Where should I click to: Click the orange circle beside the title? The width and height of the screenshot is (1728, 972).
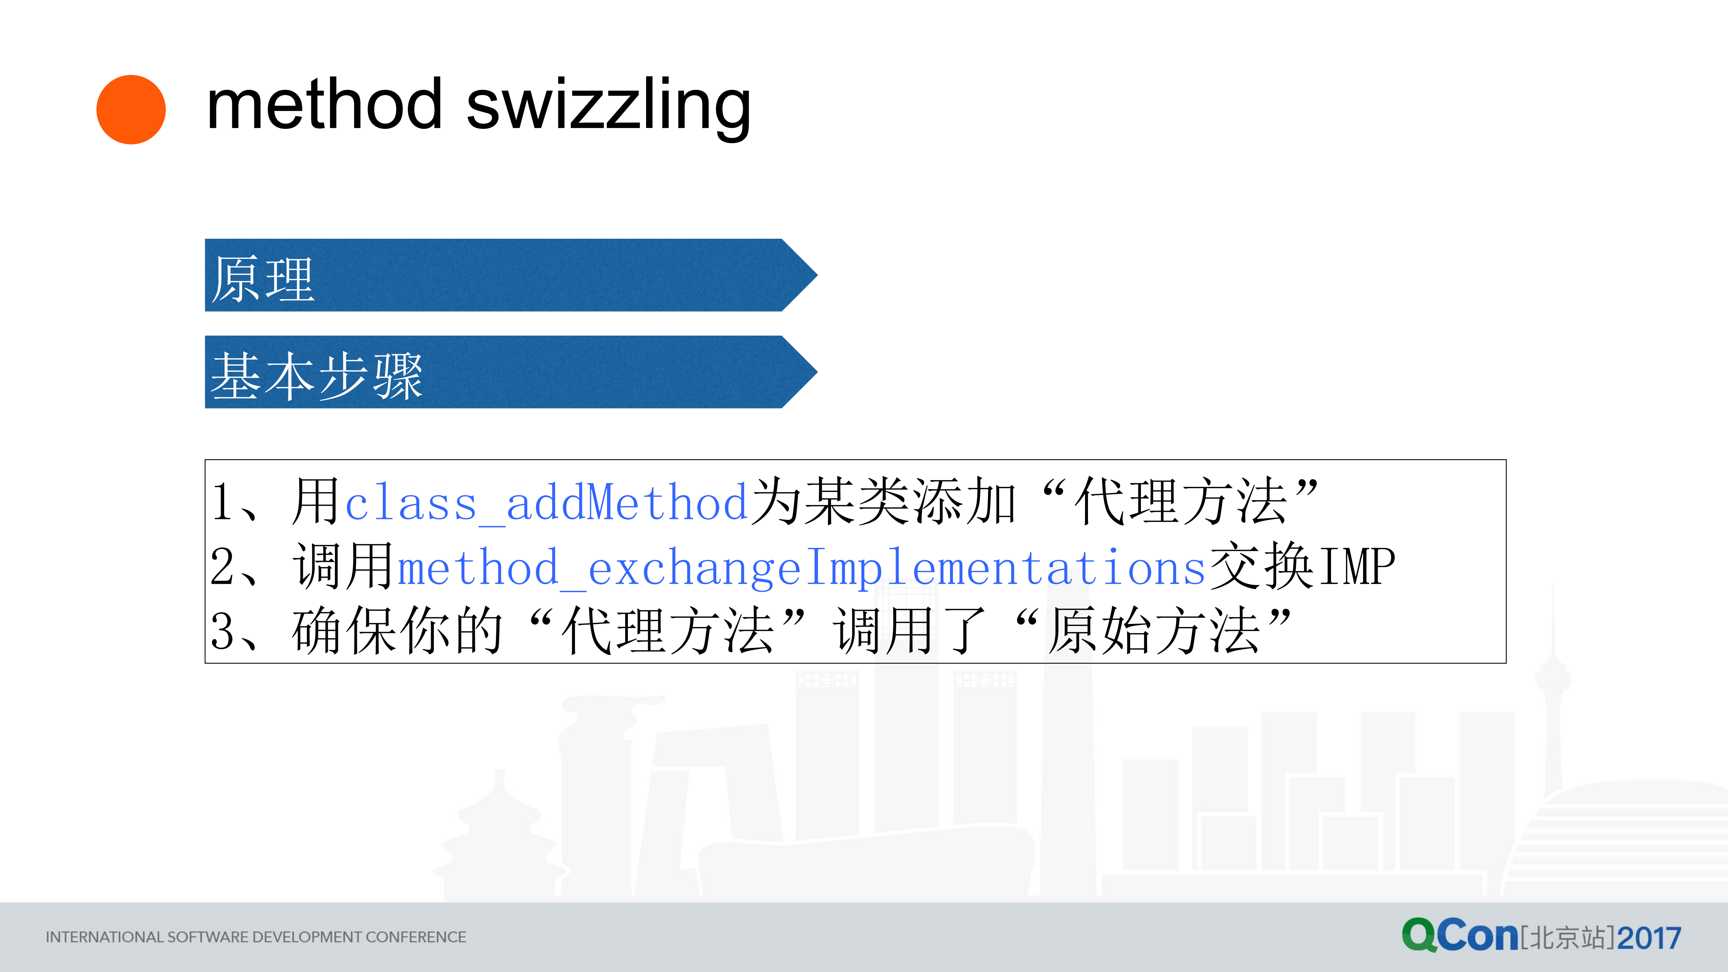coord(131,109)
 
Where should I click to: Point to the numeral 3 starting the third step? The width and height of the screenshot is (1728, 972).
coord(222,632)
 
